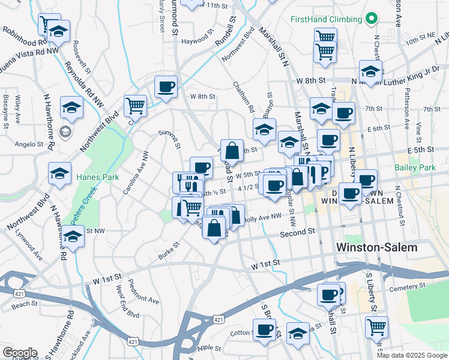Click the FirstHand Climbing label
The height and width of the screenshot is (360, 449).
(325, 19)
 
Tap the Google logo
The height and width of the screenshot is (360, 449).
(20, 353)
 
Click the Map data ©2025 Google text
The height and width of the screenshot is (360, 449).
(411, 355)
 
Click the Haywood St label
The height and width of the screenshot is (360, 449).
(197, 41)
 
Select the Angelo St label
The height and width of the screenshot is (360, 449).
(26, 144)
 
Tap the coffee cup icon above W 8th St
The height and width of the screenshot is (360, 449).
(166, 86)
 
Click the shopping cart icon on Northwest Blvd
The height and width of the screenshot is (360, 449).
(136, 106)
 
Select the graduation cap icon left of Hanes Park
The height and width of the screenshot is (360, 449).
(59, 173)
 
